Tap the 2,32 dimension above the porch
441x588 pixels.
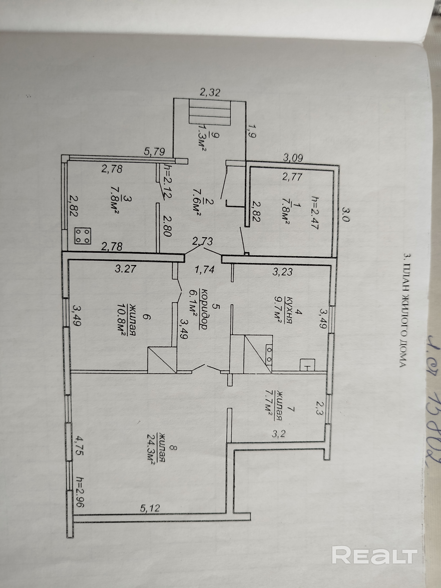click(210, 93)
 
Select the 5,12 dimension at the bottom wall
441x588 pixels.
click(150, 508)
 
